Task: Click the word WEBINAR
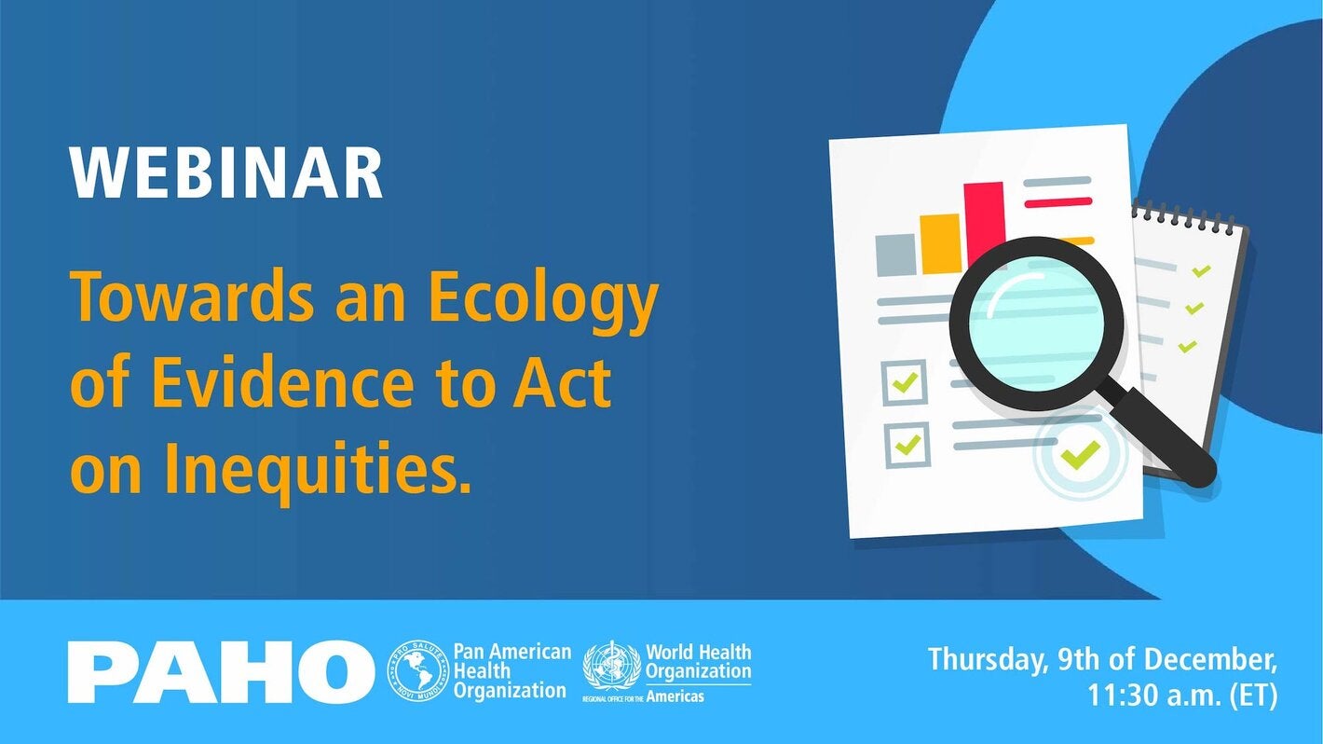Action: (226, 173)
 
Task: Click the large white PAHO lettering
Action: (220, 670)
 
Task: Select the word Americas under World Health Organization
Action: (675, 696)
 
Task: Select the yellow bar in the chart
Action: (939, 243)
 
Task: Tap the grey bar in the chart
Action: (895, 254)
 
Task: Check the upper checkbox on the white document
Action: (904, 381)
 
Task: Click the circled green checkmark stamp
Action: (1080, 455)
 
